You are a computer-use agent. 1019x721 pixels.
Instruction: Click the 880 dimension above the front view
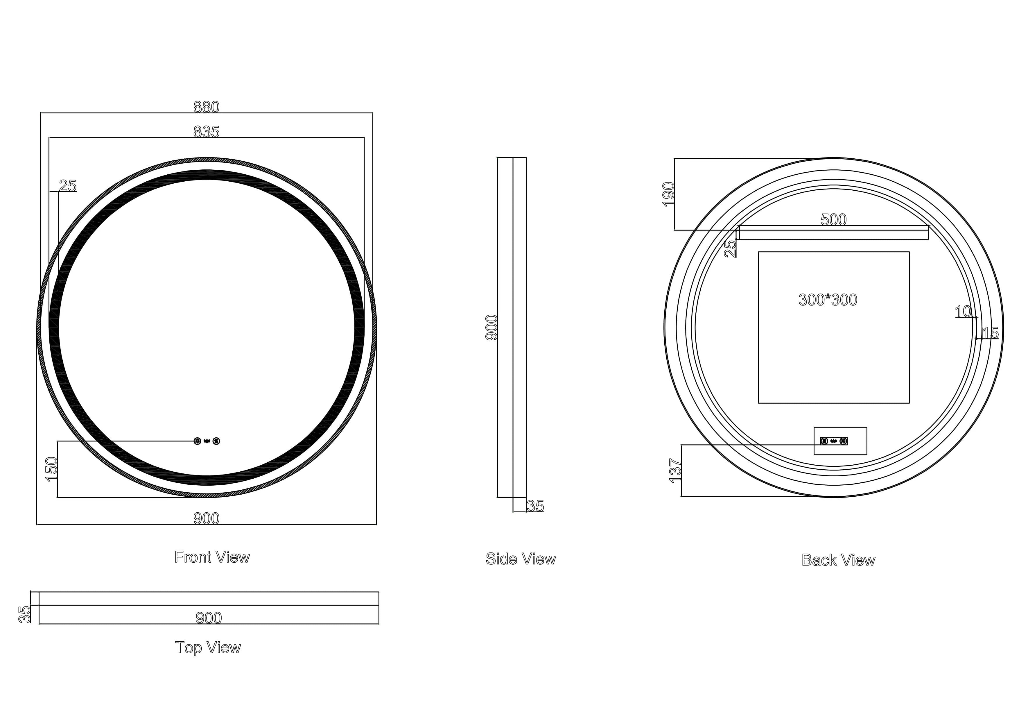tap(206, 107)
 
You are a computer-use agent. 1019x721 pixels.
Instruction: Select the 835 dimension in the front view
tap(206, 132)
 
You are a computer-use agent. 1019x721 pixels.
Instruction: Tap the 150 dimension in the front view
tap(51, 469)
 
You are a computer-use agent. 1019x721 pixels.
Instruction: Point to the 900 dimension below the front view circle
tap(206, 518)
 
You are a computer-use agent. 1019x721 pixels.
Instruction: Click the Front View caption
tap(212, 557)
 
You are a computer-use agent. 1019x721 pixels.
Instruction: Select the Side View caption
tap(521, 559)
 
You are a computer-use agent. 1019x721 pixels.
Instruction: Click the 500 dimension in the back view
tap(833, 219)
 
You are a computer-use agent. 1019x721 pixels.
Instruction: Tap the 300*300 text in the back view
tap(828, 300)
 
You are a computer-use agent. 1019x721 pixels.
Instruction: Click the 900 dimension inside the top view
tap(209, 618)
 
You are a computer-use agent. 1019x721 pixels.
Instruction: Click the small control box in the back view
tap(840, 441)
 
